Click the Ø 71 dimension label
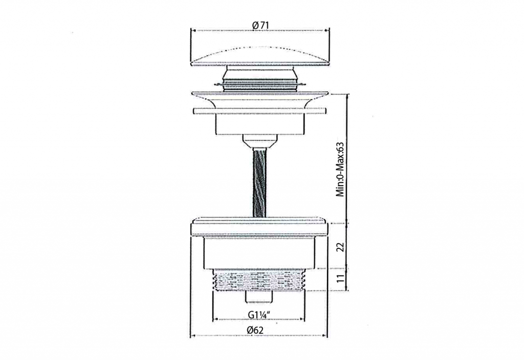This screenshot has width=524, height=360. point(260,25)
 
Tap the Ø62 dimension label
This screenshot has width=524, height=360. point(255,330)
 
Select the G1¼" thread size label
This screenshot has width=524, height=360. point(258,314)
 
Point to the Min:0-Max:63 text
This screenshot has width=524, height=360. point(340,170)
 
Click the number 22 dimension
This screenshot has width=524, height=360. point(340,247)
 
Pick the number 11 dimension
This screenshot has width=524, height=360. point(340,279)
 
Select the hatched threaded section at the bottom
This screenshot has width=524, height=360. point(259,280)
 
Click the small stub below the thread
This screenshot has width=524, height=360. point(259,297)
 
